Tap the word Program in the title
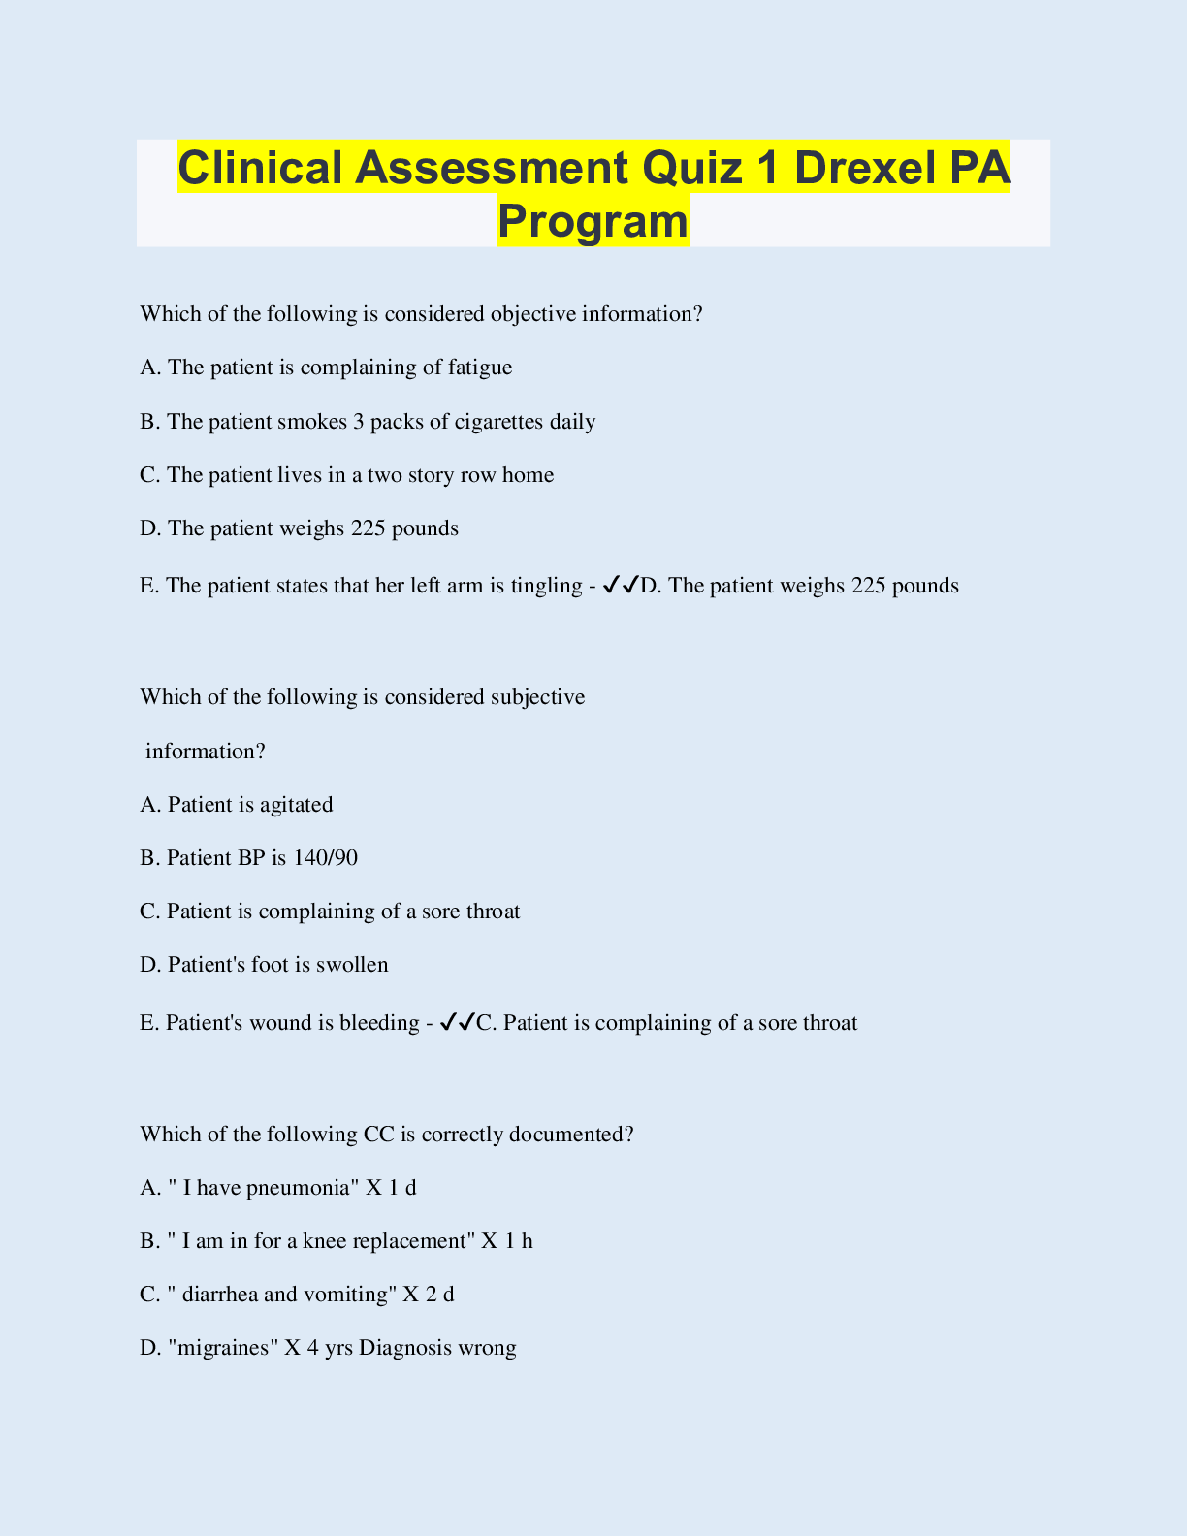click(593, 220)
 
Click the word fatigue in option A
click(480, 368)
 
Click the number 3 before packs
click(359, 422)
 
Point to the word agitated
click(296, 805)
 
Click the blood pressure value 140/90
click(331, 858)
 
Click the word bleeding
click(379, 1023)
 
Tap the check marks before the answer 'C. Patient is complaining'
click(457, 1022)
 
